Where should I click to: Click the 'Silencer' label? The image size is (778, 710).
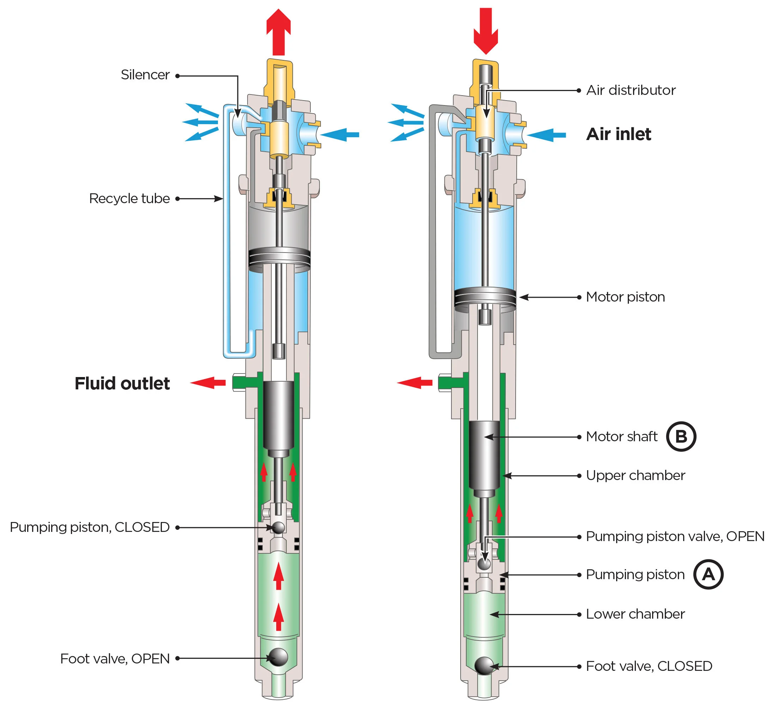(x=145, y=75)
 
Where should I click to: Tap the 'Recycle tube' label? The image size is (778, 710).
(x=129, y=199)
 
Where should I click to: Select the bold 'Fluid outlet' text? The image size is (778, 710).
(x=122, y=383)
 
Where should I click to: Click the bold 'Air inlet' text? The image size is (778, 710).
(x=618, y=134)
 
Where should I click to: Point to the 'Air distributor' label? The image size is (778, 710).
(x=631, y=90)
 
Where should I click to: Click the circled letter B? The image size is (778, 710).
(x=681, y=436)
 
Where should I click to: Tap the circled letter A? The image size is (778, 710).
(x=708, y=574)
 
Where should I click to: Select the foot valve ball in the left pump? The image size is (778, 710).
(x=278, y=657)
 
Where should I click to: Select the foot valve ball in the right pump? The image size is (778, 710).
(x=484, y=666)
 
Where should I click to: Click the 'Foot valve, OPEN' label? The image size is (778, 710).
(x=115, y=659)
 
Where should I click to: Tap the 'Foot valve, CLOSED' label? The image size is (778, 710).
(x=649, y=666)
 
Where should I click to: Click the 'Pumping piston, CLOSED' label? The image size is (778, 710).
(x=90, y=527)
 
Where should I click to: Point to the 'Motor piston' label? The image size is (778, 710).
(x=625, y=297)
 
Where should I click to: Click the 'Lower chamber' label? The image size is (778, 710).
(x=635, y=614)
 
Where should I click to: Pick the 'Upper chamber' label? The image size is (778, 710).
(x=635, y=475)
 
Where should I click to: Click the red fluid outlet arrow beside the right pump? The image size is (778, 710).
(x=414, y=383)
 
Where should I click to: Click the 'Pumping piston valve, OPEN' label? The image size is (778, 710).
(x=675, y=536)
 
